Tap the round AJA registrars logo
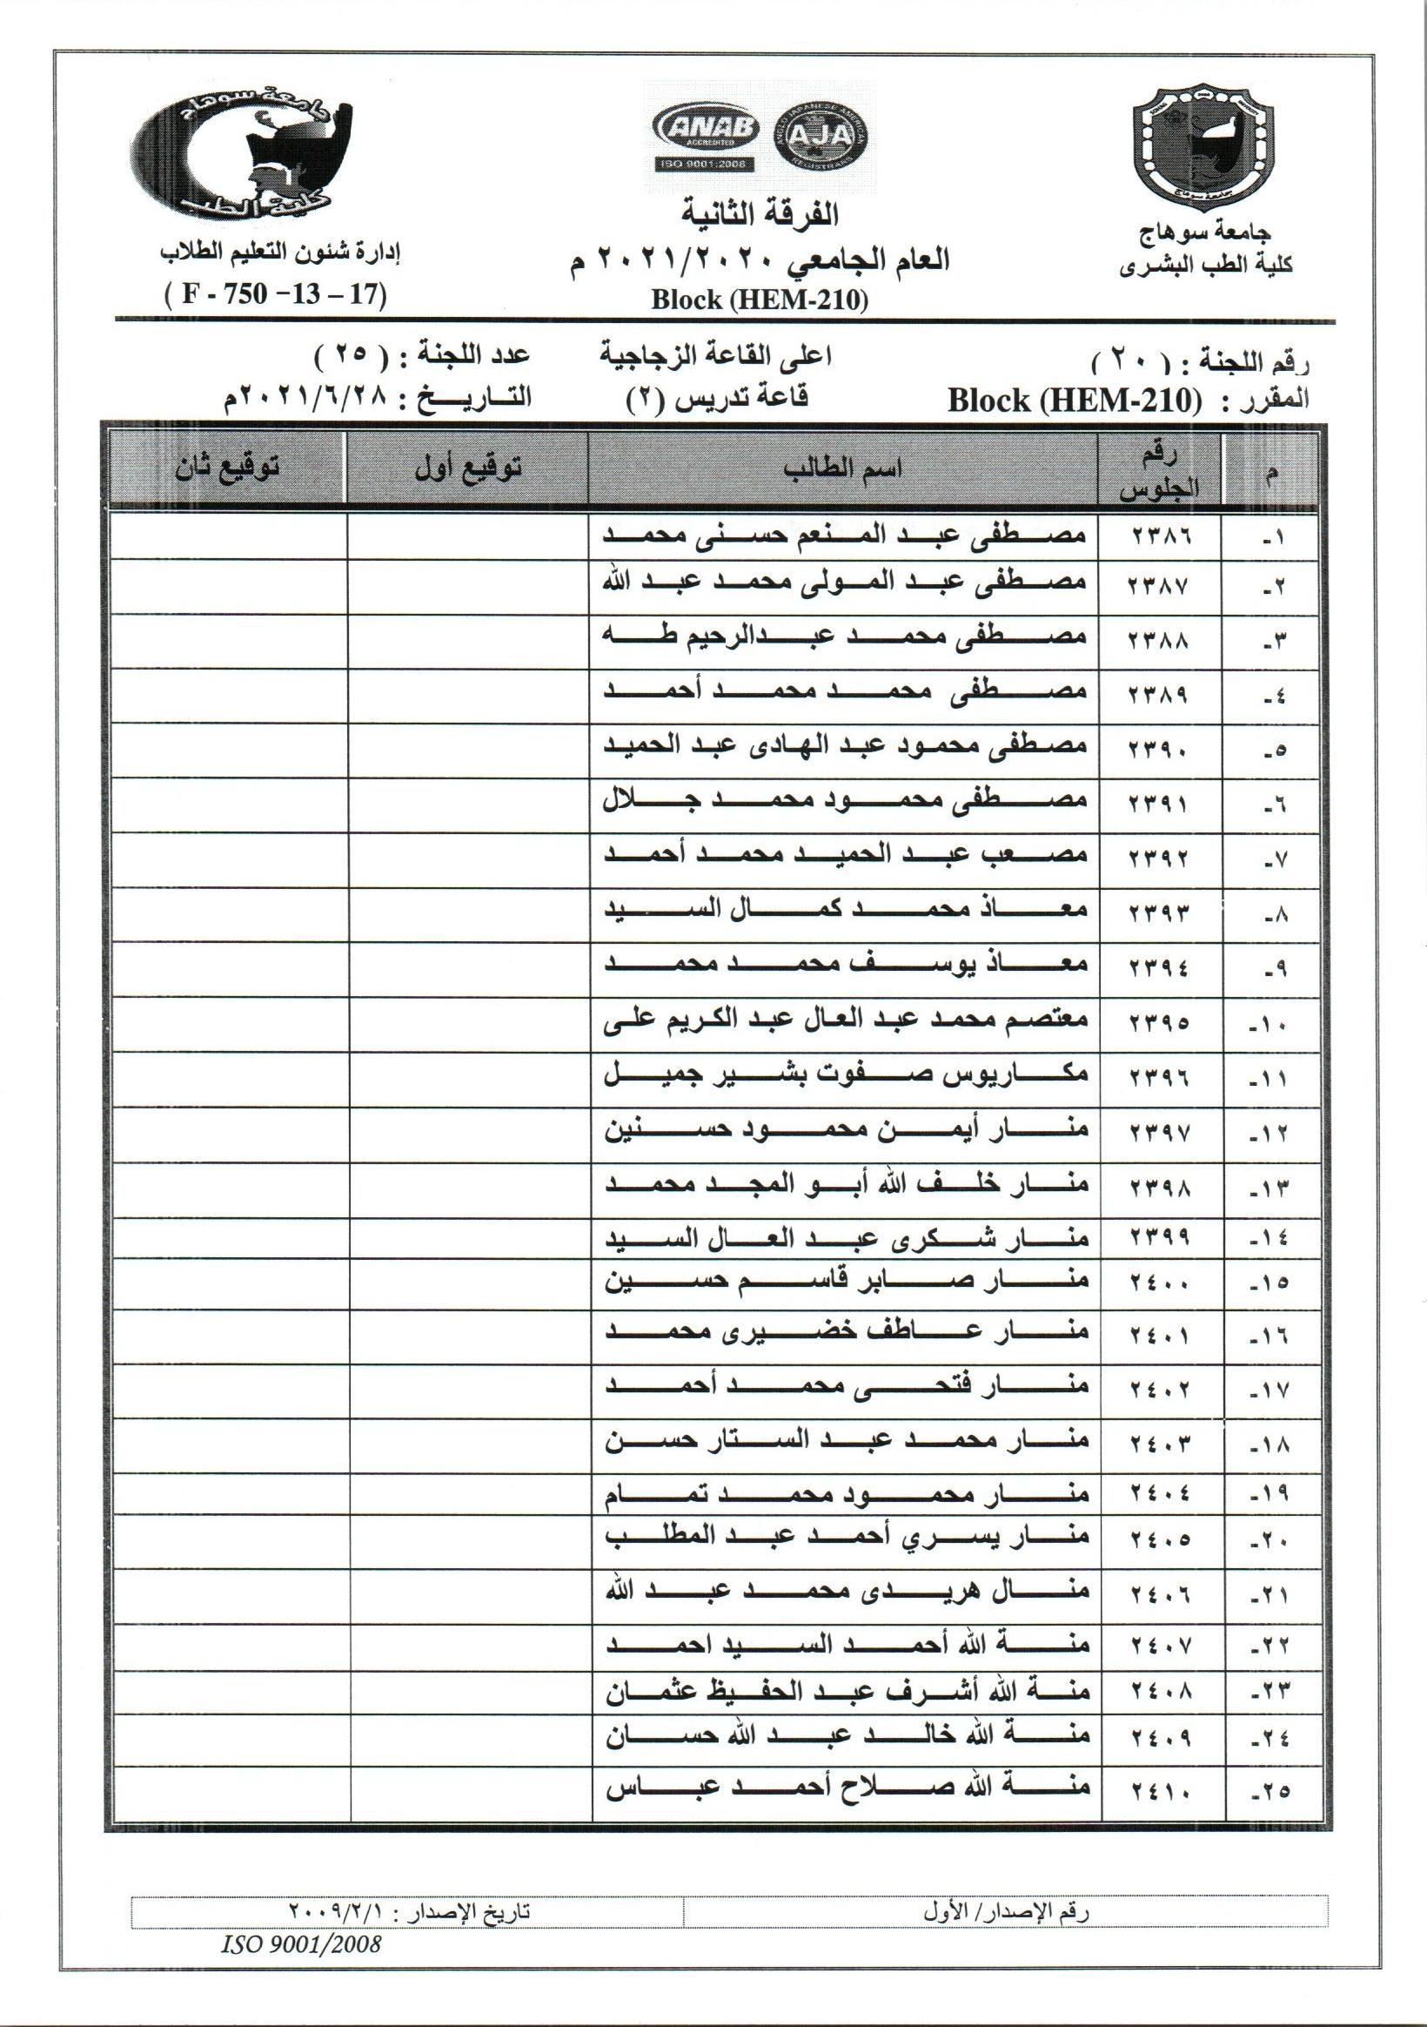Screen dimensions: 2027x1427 820,135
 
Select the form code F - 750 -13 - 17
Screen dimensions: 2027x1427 275,293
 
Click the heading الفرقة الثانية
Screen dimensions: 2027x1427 760,212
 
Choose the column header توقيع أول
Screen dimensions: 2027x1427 468,468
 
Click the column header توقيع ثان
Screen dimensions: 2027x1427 228,468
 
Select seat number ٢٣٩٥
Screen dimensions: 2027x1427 1159,1022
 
